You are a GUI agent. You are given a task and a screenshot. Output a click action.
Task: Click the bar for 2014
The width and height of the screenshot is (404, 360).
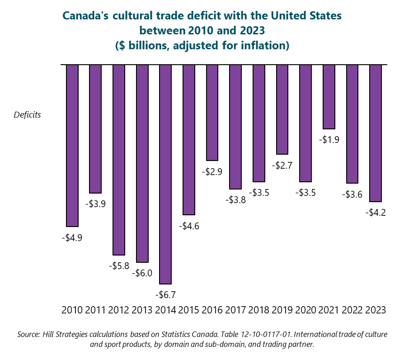click(165, 174)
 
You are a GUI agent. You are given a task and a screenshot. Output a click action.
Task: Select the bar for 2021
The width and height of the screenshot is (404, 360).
click(329, 97)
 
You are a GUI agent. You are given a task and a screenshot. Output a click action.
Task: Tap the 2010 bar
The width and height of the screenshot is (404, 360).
click(72, 145)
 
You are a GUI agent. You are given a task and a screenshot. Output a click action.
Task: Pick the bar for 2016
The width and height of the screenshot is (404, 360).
click(212, 113)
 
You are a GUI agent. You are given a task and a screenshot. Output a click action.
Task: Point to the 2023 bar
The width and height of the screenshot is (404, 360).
click(376, 133)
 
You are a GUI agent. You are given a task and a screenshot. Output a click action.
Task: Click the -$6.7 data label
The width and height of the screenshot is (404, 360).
click(165, 295)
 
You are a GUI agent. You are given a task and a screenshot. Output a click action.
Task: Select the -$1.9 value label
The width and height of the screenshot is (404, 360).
click(329, 140)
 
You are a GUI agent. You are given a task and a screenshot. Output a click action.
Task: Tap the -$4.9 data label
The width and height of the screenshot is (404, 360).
click(72, 237)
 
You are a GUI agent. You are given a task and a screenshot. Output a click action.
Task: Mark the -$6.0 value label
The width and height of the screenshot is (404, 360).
click(142, 273)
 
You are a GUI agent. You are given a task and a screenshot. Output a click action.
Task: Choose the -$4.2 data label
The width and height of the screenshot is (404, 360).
click(376, 213)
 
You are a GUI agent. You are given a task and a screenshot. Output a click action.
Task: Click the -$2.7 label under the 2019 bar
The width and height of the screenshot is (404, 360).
click(282, 166)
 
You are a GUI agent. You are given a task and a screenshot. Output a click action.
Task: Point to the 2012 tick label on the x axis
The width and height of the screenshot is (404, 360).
click(119, 310)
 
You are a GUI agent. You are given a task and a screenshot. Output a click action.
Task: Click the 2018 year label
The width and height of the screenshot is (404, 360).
click(258, 310)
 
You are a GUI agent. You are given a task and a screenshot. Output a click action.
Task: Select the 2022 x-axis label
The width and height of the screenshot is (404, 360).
click(352, 310)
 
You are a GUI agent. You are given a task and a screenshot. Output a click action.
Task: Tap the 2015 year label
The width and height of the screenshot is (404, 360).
click(189, 310)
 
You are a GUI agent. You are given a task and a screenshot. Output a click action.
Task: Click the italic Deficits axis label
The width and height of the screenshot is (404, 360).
click(27, 115)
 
